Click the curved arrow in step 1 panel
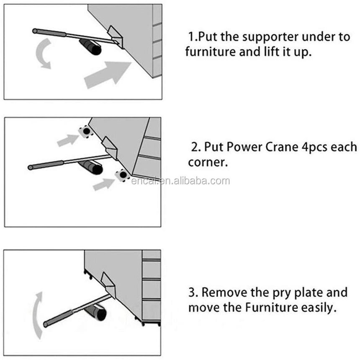coord(42,54)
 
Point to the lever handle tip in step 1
coord(36,31)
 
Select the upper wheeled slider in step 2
coord(86,132)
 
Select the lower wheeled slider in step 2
coord(122,175)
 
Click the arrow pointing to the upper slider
coord(67,140)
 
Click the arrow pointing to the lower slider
coord(103,184)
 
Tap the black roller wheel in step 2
coord(92,167)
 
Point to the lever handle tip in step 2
coord(31,167)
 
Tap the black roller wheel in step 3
coord(98,313)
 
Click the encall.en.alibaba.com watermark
coord(180,181)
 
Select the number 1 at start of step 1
coord(191,37)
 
